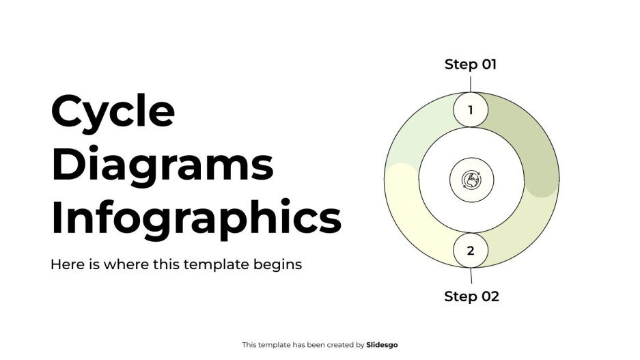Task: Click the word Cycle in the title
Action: coord(113,113)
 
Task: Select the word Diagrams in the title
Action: coord(162,165)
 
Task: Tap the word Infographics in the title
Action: coord(195,218)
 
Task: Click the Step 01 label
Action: coord(471,65)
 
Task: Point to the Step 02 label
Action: coord(471,296)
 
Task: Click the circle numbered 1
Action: coord(471,110)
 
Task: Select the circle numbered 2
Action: coord(471,251)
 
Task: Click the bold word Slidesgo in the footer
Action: coord(382,345)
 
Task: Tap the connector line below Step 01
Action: coord(471,83)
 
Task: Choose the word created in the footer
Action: coord(338,345)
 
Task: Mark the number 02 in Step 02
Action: coord(489,296)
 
